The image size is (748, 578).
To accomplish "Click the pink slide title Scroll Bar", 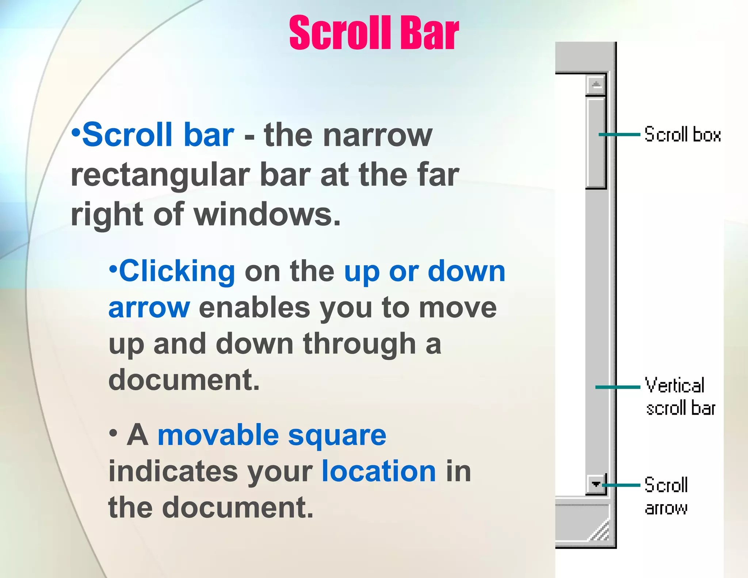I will click(x=374, y=33).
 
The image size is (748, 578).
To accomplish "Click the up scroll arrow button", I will click(x=596, y=85).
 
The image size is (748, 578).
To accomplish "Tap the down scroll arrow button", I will click(x=596, y=484).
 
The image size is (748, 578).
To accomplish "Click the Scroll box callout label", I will click(x=682, y=134).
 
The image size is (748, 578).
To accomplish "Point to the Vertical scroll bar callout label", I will click(x=680, y=397).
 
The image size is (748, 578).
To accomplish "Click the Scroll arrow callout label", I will click(x=666, y=496).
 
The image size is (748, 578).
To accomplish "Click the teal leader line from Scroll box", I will click(x=619, y=134).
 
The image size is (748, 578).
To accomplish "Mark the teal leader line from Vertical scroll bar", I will click(x=618, y=387).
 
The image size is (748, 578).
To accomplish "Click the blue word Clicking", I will click(x=177, y=271).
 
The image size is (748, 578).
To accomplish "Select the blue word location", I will click(x=378, y=471).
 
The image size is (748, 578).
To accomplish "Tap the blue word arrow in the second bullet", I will click(x=149, y=308).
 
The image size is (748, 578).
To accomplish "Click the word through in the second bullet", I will click(x=360, y=344).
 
